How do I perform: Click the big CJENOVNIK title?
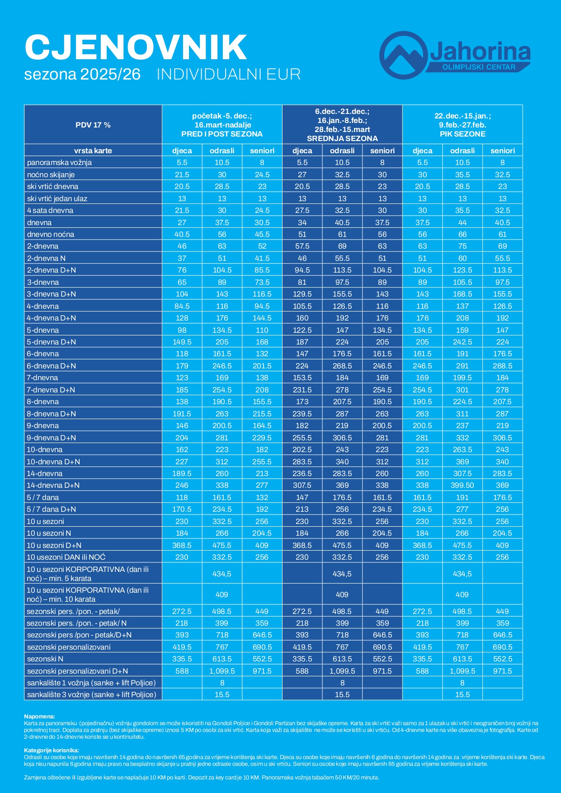tap(136, 47)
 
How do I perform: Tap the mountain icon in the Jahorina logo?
tap(403, 55)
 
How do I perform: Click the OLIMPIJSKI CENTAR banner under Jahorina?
tap(478, 67)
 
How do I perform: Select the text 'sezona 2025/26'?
tap(82, 75)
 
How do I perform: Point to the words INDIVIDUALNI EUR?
tap(228, 75)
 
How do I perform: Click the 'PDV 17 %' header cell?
tap(93, 125)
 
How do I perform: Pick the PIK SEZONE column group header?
tap(462, 125)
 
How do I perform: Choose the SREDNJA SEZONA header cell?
tap(342, 125)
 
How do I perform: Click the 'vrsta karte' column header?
tap(93, 151)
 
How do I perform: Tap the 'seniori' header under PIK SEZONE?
tap(502, 151)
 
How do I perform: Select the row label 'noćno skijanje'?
tap(51, 175)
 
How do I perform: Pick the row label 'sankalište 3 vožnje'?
tap(91, 694)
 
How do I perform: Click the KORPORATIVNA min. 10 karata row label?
tap(88, 595)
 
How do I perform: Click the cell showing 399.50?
tap(462, 485)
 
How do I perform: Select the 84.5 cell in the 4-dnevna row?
tap(182, 306)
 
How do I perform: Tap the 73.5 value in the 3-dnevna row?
tap(262, 282)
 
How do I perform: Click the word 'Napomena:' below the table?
tap(39, 716)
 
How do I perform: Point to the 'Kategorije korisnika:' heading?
tap(52, 751)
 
